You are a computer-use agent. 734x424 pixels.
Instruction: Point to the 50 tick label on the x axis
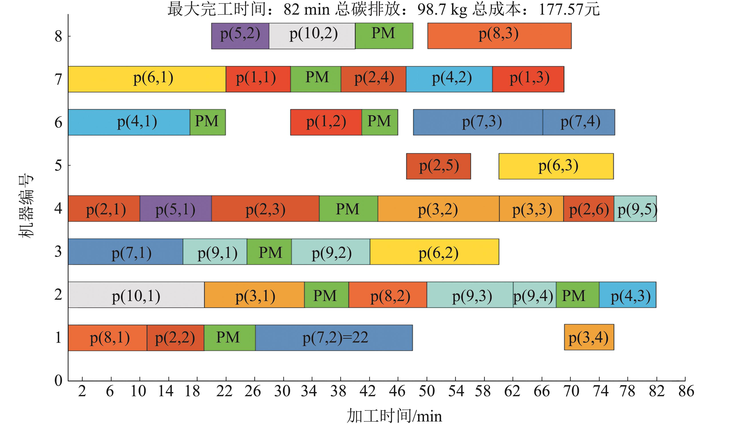coord(427,391)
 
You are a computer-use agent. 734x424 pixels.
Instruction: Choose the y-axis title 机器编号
coord(26,206)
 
